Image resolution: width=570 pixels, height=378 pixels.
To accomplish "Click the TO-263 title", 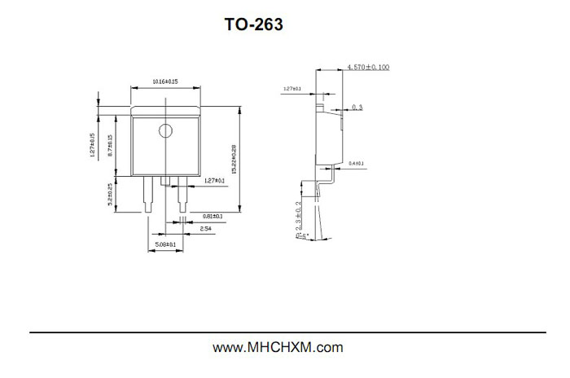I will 254,25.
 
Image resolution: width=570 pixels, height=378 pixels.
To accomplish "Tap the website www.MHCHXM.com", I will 278,348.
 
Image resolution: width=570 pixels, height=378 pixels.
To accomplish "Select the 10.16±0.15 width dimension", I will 165,81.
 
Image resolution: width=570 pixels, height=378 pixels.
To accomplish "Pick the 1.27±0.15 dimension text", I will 93,144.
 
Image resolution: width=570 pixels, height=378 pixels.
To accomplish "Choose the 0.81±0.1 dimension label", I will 213,217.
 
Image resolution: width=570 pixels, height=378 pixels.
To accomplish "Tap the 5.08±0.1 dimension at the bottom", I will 166,244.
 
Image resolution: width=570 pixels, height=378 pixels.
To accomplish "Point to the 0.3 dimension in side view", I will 357,107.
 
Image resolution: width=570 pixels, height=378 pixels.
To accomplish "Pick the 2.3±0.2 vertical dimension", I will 299,214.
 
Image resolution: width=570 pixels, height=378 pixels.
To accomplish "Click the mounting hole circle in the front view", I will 166,130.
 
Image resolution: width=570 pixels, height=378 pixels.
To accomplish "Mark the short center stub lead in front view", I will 165,181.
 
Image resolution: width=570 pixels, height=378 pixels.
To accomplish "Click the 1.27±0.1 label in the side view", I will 292,88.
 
